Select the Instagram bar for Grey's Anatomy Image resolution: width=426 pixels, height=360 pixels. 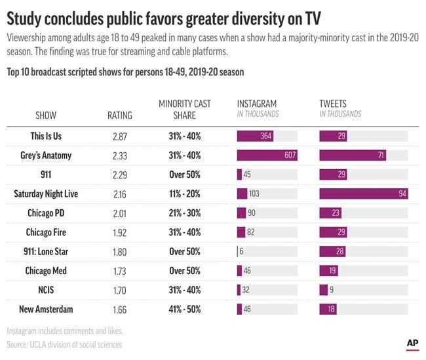tap(267, 155)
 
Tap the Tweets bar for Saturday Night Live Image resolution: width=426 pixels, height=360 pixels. tap(363, 194)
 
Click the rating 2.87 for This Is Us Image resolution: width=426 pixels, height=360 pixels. tap(119, 136)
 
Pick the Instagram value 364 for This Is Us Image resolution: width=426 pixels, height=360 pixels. tap(265, 136)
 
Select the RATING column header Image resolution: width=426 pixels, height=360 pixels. tap(119, 115)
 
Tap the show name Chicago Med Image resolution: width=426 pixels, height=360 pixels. tap(45, 271)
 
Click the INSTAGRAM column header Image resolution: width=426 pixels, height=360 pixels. tap(257, 104)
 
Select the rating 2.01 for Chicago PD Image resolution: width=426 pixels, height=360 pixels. tap(119, 213)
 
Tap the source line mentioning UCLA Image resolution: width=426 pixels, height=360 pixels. tap(64, 344)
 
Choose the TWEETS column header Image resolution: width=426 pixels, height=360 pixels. tap(332, 104)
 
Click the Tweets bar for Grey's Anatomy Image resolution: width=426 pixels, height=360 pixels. tap(352, 155)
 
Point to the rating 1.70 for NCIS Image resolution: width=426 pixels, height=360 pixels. tap(119, 290)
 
